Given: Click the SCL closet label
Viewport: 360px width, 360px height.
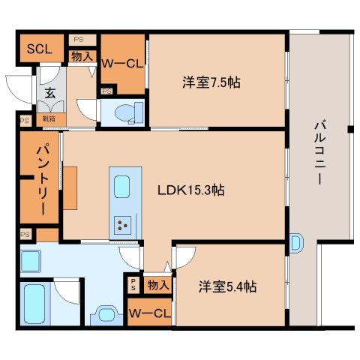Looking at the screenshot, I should click(38, 49).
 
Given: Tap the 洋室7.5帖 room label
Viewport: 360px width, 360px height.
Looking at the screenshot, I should click(211, 82).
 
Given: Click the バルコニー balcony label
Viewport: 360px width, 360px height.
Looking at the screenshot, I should click(318, 153).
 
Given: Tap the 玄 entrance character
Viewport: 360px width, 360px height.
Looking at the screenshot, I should click(49, 94).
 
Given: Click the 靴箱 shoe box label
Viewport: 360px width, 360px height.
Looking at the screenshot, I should click(49, 118).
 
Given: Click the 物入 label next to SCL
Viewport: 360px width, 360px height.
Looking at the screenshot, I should click(82, 55).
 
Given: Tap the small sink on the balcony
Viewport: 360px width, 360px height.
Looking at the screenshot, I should click(295, 243).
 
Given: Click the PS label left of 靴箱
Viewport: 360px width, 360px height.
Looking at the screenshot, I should click(25, 118).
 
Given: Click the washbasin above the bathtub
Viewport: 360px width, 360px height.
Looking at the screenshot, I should click(31, 261).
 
